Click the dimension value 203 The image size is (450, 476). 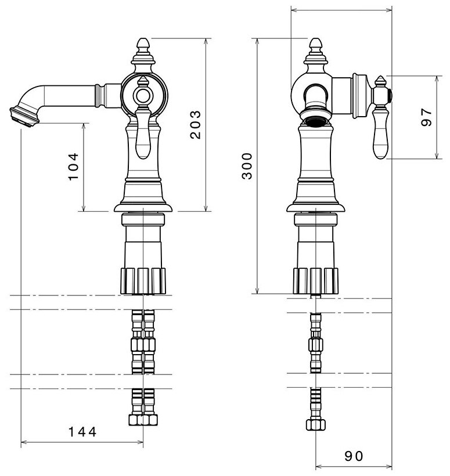click(196, 124)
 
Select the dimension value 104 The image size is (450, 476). click(74, 167)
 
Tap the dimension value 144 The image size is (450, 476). click(82, 431)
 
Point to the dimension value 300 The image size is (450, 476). click(247, 166)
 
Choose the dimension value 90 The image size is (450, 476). click(353, 456)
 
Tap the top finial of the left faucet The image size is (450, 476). click(143, 45)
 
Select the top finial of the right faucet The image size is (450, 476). click(315, 46)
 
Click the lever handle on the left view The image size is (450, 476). click(143, 134)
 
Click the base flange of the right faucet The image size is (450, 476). click(315, 207)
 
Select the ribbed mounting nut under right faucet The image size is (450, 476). click(315, 280)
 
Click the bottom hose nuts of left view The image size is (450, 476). click(143, 419)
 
